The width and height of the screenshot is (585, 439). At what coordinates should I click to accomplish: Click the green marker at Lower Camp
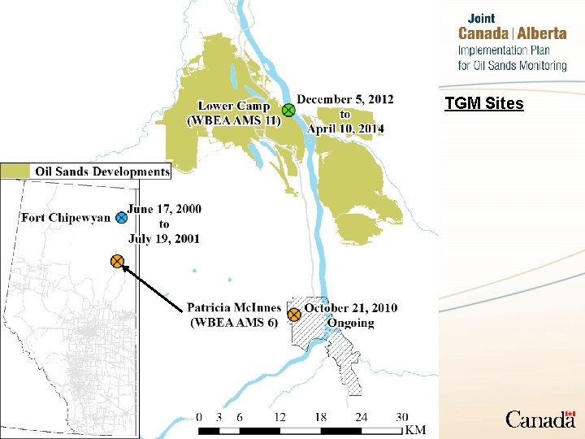[288, 111]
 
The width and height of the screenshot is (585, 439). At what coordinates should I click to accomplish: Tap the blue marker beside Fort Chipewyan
[120, 217]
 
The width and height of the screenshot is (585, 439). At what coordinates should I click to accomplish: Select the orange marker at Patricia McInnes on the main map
[294, 315]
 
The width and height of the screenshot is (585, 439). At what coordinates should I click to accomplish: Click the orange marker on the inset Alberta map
[117, 262]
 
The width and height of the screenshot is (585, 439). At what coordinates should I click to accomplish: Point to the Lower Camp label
[234, 106]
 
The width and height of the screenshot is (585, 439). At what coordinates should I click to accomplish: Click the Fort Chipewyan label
[65, 218]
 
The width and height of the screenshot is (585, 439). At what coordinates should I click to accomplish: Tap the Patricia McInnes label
[234, 308]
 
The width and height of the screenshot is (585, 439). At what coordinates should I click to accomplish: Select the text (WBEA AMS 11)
[234, 120]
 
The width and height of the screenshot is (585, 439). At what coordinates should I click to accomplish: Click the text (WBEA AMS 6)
[234, 322]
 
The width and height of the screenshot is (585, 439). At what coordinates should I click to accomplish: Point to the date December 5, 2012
[344, 99]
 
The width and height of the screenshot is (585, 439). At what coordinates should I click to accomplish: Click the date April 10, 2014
[345, 128]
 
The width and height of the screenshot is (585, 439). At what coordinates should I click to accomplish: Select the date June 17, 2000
[164, 209]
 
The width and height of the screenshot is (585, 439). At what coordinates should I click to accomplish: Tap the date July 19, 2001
[163, 238]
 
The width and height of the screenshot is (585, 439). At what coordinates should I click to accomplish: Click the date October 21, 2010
[351, 308]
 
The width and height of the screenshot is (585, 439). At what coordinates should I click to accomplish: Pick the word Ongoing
[351, 323]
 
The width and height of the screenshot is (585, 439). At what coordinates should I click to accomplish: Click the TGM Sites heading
[484, 103]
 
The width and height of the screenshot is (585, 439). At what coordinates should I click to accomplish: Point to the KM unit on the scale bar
[415, 429]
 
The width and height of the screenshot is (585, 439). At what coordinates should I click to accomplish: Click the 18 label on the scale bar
[321, 417]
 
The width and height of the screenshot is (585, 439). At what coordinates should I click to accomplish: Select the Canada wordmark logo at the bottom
[540, 419]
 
